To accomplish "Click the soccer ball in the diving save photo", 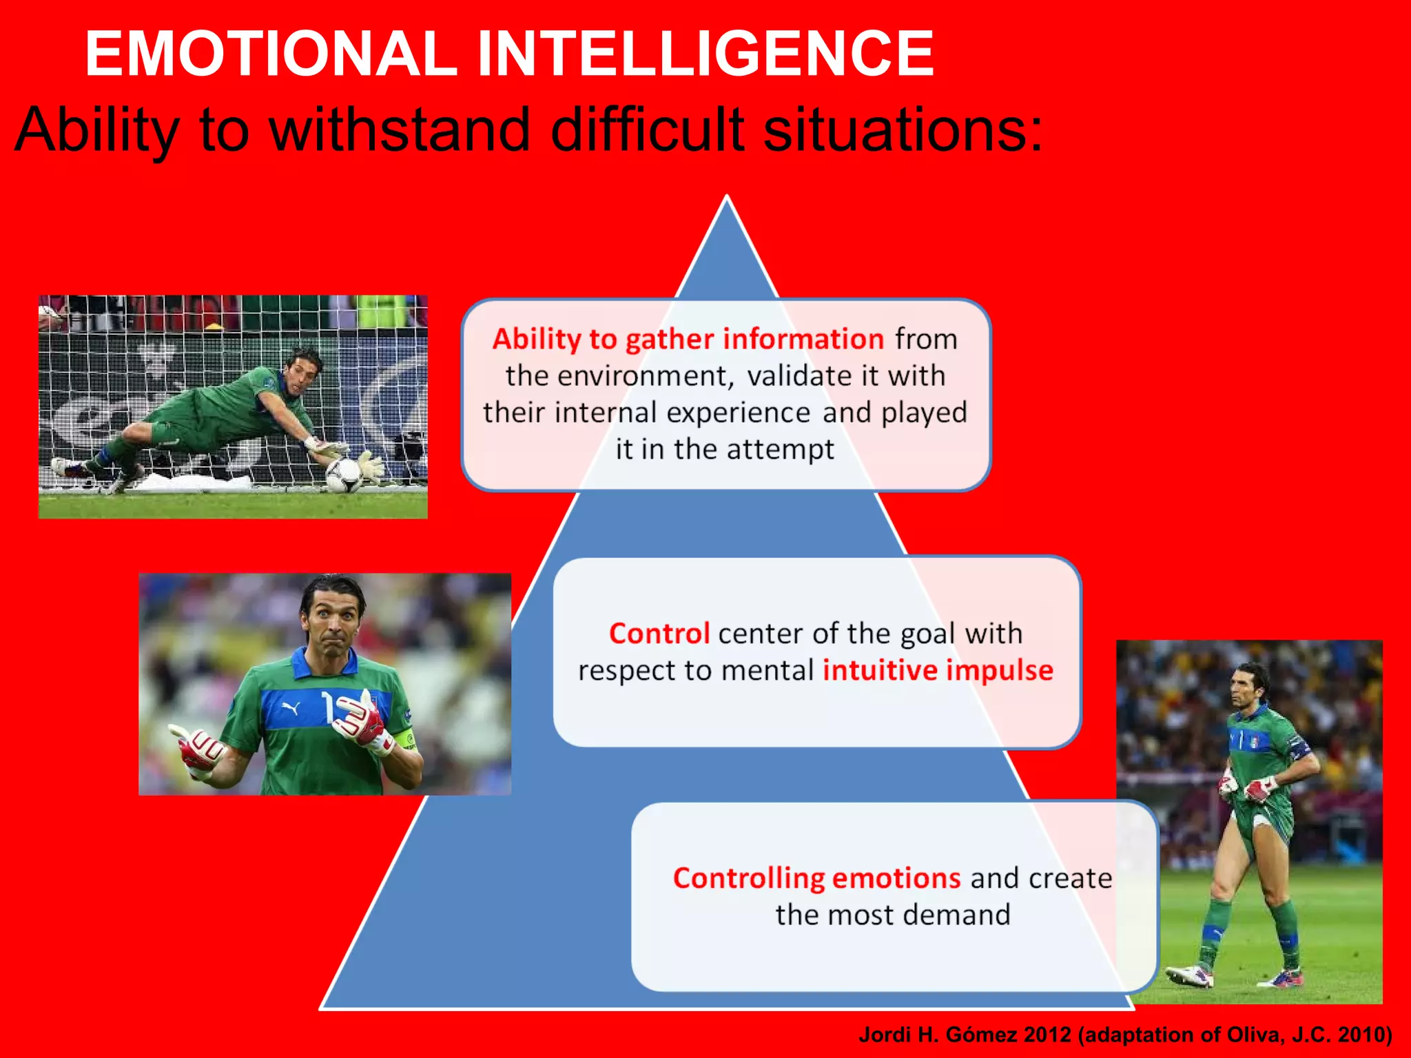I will click(x=342, y=473).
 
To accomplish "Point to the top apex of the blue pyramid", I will click(x=727, y=198).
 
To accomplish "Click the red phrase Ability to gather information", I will click(x=688, y=340).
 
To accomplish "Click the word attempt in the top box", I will click(x=780, y=449).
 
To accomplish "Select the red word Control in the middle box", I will click(x=659, y=634).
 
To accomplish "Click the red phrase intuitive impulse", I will click(x=938, y=670).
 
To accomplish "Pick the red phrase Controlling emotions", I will click(x=816, y=878).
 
